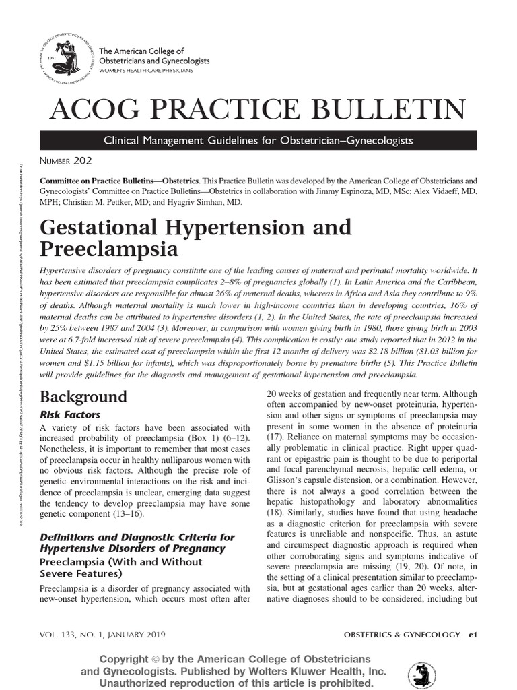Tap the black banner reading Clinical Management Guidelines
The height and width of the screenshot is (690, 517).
pyautogui.click(x=258, y=140)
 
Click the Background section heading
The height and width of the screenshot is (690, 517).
pyautogui.click(x=83, y=396)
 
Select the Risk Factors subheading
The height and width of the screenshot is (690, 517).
pyautogui.click(x=71, y=414)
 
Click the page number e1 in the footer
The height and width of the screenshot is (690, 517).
pyautogui.click(x=473, y=635)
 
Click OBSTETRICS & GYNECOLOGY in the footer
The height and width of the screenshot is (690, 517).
pyautogui.click(x=402, y=635)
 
